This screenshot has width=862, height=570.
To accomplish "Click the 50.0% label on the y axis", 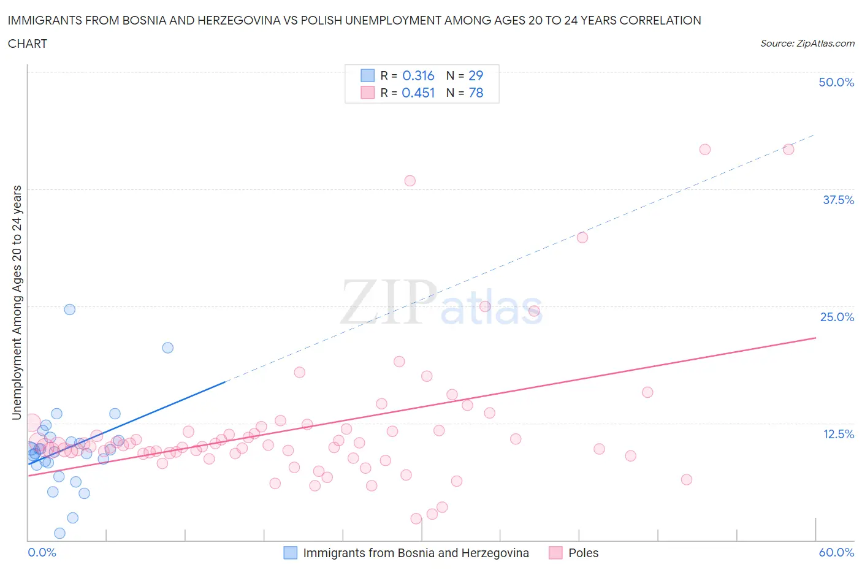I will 836,82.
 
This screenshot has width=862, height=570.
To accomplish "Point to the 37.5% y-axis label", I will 838,200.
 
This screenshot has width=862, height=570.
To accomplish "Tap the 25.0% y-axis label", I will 837,317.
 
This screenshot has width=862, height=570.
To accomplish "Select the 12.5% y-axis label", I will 838,434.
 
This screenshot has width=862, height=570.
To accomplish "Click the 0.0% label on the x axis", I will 42,552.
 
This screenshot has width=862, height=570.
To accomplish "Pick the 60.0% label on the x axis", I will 836,552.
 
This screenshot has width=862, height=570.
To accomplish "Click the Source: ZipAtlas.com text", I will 807,43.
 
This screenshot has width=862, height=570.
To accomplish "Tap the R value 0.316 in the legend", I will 418,75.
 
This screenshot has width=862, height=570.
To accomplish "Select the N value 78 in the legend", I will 476,93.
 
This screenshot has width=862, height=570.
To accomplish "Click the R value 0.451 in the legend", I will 418,93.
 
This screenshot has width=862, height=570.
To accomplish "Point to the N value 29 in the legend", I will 476,75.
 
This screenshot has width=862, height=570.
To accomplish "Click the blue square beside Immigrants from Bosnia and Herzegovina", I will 290,553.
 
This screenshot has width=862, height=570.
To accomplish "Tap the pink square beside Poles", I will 555,553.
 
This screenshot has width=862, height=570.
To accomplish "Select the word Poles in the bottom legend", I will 583,553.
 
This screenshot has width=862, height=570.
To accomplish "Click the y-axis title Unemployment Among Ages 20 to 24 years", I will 17,302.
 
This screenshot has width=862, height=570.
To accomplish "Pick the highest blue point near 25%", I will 70,310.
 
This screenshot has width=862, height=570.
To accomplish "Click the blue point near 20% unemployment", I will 167,348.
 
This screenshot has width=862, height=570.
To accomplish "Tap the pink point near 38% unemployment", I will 410,181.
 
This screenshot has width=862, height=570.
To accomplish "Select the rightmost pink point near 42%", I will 788,150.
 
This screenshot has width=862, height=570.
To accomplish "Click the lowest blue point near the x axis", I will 59,533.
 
